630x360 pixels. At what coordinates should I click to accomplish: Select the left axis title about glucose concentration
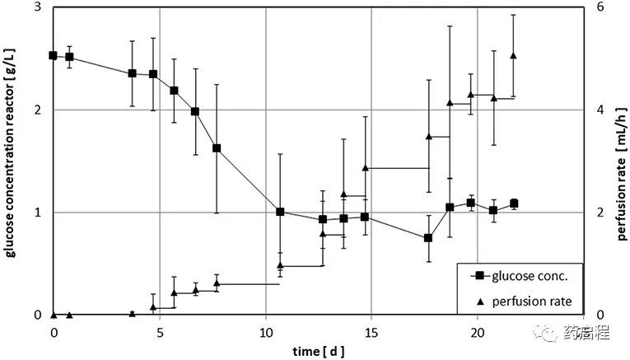coord(12,161)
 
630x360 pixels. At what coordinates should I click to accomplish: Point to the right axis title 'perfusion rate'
coord(621,161)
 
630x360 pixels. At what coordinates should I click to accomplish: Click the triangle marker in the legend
coord(475,301)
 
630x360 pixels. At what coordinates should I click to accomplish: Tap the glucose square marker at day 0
coord(53,55)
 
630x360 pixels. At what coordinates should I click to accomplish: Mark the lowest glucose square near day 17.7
coord(428,238)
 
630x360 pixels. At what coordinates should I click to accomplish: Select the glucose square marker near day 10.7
coord(280,212)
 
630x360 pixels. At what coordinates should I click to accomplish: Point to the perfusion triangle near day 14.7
coord(365,167)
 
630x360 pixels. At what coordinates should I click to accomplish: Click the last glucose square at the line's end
coord(514,203)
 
